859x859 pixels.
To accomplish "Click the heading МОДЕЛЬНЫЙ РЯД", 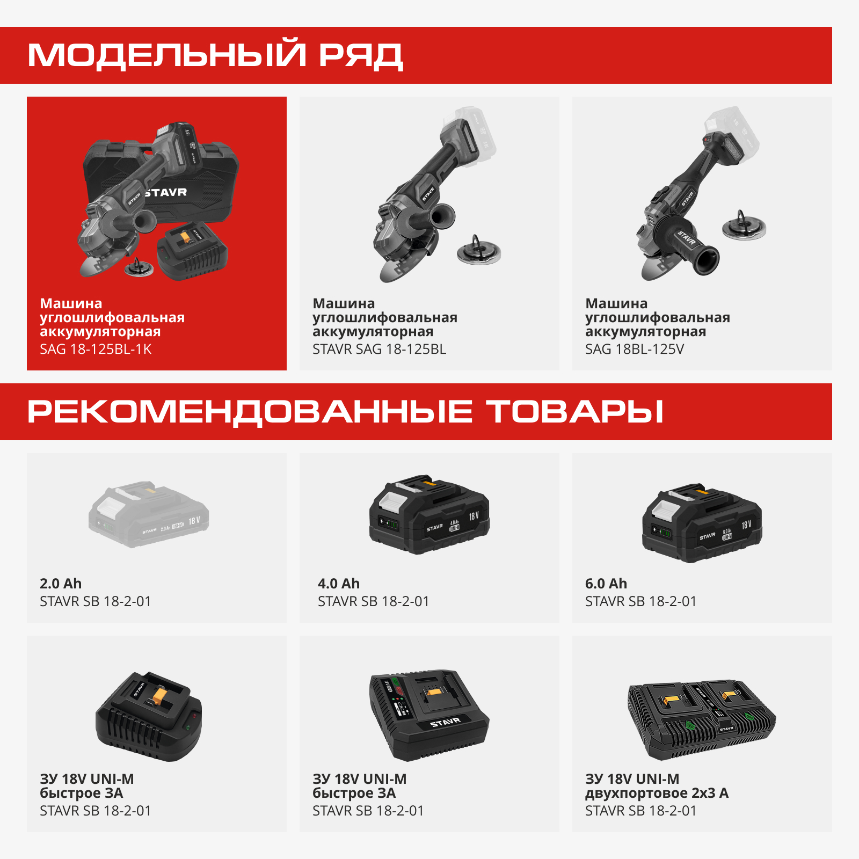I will click(x=215, y=55).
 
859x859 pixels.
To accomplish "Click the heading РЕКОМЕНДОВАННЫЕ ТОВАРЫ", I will click(x=345, y=412).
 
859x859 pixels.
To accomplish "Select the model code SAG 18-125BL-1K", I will click(x=96, y=350).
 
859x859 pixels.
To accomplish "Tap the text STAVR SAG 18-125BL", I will click(x=379, y=350).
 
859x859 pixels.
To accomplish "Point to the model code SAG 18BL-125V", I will click(x=634, y=350).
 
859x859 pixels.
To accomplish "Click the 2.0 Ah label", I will click(x=61, y=584).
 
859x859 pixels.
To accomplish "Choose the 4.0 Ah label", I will click(x=338, y=584).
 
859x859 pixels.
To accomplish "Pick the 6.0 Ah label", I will click(x=606, y=584).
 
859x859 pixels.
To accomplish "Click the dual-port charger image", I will click(x=702, y=719).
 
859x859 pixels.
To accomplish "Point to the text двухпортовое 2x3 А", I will click(x=656, y=794).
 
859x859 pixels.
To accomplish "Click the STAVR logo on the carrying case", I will click(x=166, y=192).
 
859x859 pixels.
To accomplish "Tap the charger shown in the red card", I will click(x=192, y=251).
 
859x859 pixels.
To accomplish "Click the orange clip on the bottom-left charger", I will click(x=160, y=696).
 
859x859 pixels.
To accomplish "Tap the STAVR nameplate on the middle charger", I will click(x=445, y=723).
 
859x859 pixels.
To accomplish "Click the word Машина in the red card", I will click(x=71, y=303).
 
